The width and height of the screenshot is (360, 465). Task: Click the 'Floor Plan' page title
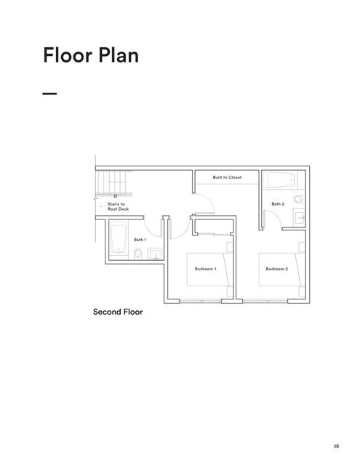pyautogui.click(x=90, y=55)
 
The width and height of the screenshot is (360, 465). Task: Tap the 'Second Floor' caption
pyautogui.click(x=118, y=312)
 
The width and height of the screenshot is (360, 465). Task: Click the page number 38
pyautogui.click(x=337, y=447)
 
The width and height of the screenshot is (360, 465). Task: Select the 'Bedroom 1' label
pyautogui.click(x=206, y=269)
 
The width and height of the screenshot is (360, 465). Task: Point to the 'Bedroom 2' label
pyautogui.click(x=276, y=269)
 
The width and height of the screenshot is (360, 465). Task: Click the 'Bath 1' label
pyautogui.click(x=140, y=239)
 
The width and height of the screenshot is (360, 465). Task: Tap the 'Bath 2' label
pyautogui.click(x=278, y=204)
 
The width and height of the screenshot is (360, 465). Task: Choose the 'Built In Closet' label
pyautogui.click(x=227, y=177)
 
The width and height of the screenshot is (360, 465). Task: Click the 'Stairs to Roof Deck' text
pyautogui.click(x=117, y=206)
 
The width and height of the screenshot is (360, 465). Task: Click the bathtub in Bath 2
pyautogui.click(x=278, y=181)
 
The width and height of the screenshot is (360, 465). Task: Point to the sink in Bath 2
pyautogui.click(x=299, y=216)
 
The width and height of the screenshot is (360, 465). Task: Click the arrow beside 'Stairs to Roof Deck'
pyautogui.click(x=103, y=206)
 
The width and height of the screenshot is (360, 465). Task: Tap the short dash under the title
pyautogui.click(x=49, y=94)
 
